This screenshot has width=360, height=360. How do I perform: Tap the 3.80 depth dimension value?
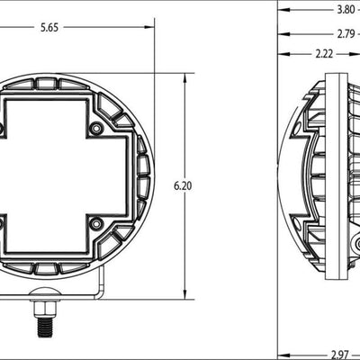click(346, 10)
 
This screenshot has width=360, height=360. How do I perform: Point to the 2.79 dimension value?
click(346, 33)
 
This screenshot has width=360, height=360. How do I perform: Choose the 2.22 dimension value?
click(326, 55)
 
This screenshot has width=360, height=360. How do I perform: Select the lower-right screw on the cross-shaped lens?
click(95, 222)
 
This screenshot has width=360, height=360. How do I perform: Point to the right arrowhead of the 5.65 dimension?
click(150, 28)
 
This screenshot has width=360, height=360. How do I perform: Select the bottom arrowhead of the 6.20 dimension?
click(185, 294)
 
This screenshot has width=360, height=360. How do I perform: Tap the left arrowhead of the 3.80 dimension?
click(280, 10)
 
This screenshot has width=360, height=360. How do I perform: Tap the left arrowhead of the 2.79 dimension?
click(280, 33)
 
